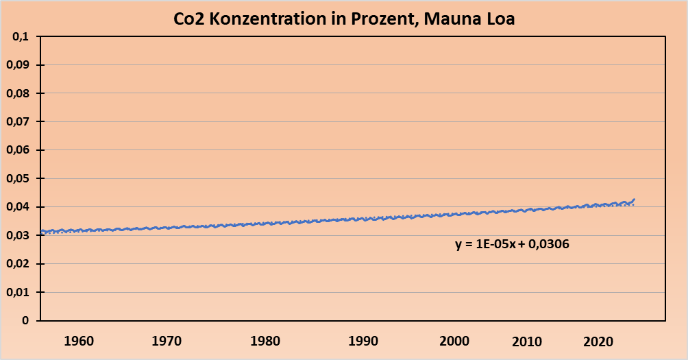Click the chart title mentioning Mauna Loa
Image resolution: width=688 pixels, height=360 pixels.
[x=343, y=19]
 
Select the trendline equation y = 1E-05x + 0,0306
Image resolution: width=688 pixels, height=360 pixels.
[x=512, y=243]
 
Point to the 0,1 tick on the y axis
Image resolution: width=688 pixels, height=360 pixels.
[x=23, y=37]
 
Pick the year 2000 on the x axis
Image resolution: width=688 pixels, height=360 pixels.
[x=453, y=341]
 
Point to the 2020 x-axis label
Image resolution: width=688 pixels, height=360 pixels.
[x=598, y=341]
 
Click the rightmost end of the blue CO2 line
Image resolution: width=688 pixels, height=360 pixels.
[x=635, y=199]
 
